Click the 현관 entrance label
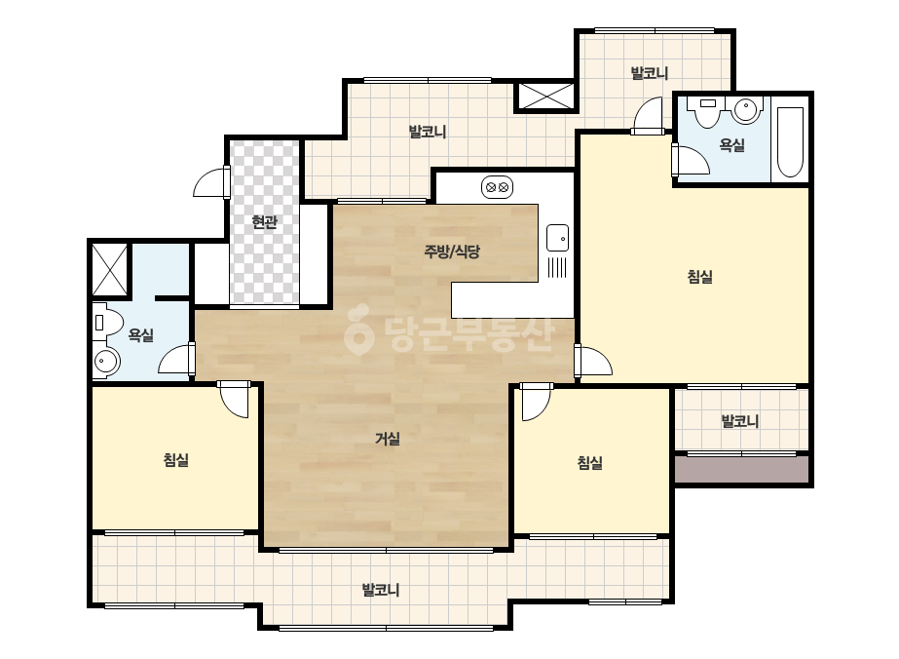[264, 221]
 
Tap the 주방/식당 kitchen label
[452, 251]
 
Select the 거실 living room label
[388, 439]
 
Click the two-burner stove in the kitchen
[497, 187]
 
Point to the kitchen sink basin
[557, 238]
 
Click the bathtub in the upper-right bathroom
[790, 141]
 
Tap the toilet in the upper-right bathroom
[707, 111]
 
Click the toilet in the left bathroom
[107, 323]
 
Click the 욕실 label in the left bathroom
[141, 334]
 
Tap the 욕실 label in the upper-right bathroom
[732, 144]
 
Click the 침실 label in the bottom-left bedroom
[176, 459]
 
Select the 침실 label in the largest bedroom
[700, 277]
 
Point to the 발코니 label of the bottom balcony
[381, 590]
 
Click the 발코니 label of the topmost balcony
[650, 73]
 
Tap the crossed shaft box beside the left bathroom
[110, 269]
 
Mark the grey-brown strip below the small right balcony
[742, 470]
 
